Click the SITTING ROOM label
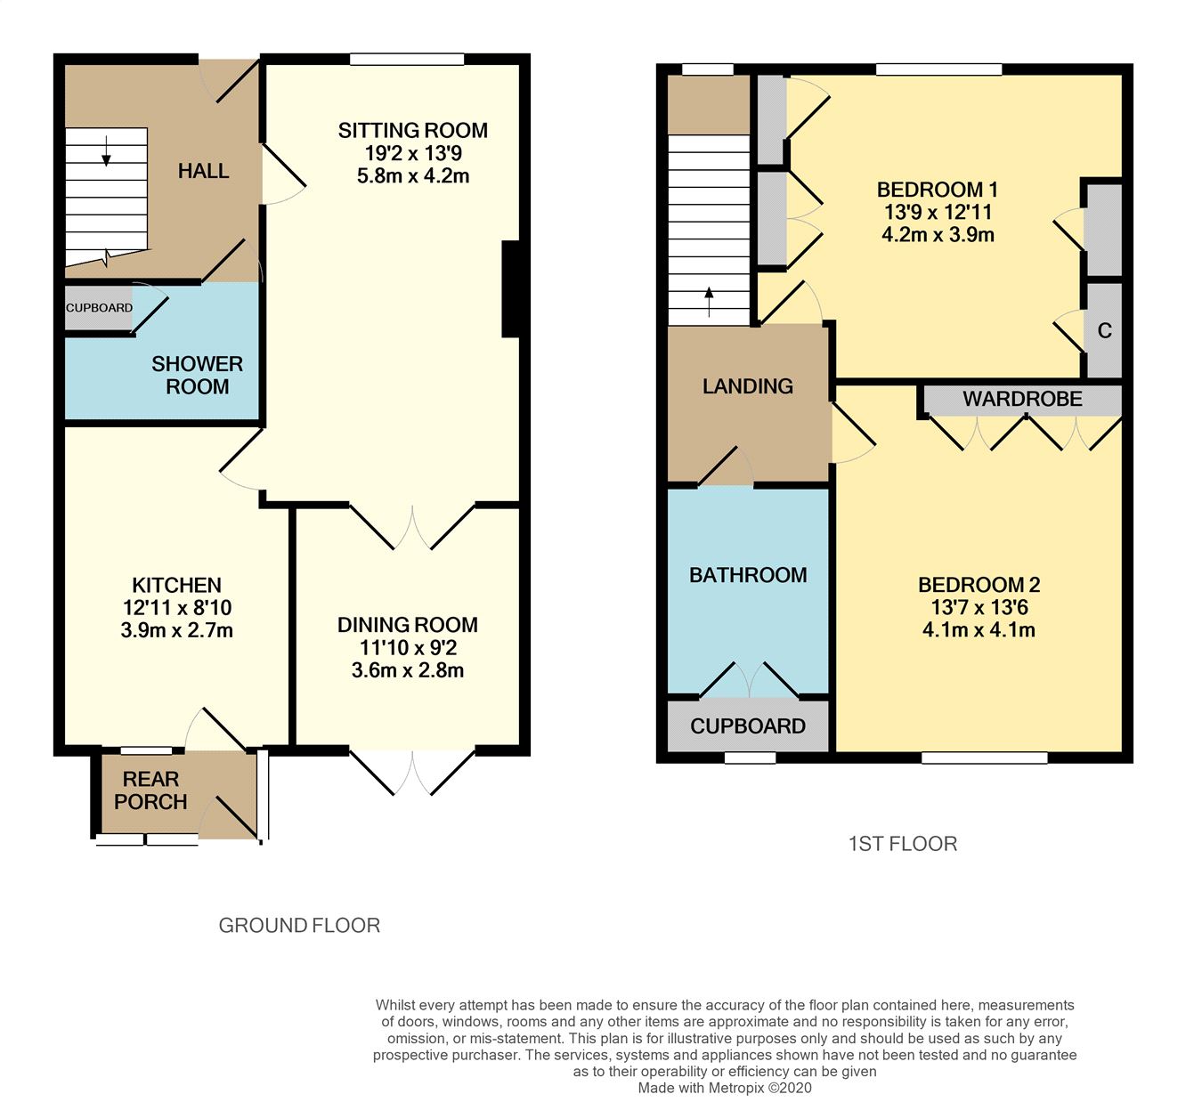pyautogui.click(x=412, y=131)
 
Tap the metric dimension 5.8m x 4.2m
pyautogui.click(x=412, y=176)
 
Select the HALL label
pyautogui.click(x=203, y=171)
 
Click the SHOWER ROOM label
pyautogui.click(x=197, y=376)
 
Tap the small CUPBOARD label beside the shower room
pyautogui.click(x=99, y=308)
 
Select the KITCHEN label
pyautogui.click(x=176, y=585)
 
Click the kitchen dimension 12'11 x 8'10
pyautogui.click(x=176, y=608)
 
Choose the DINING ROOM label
pyautogui.click(x=407, y=625)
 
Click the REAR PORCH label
pyautogui.click(x=150, y=790)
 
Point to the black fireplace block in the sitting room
pyautogui.click(x=510, y=289)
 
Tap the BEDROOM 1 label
pyautogui.click(x=937, y=190)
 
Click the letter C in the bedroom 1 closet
pyautogui.click(x=1104, y=331)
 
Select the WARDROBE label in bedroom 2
pyautogui.click(x=1022, y=400)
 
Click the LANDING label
pyautogui.click(x=747, y=386)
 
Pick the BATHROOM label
pyautogui.click(x=748, y=575)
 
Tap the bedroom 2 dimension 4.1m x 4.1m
pyautogui.click(x=979, y=630)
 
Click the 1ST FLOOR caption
pyautogui.click(x=902, y=844)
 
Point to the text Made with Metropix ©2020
pyautogui.click(x=725, y=1087)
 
